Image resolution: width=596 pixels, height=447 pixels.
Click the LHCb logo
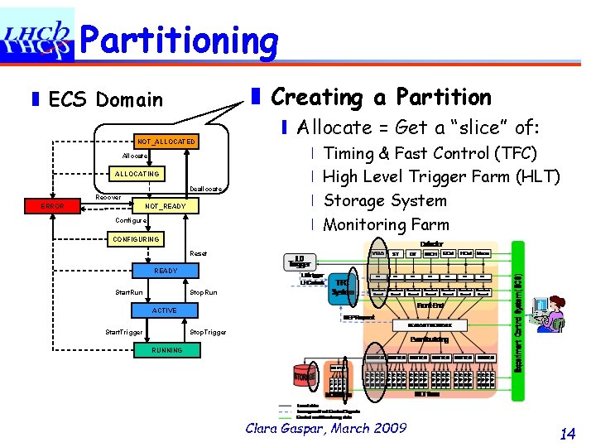pos(38,36)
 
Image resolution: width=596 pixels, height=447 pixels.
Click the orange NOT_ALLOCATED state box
pos(166,142)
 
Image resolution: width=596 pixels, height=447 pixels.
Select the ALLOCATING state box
pos(137,174)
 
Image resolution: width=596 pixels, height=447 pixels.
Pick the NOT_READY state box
pos(166,206)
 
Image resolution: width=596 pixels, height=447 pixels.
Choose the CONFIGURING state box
pos(137,239)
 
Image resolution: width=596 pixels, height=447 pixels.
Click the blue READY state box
pos(166,271)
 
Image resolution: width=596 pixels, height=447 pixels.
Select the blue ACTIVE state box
pos(164,310)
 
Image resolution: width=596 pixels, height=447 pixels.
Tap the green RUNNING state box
pos(166,350)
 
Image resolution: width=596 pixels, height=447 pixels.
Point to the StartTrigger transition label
pos(123,332)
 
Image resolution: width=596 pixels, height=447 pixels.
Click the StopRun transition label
pos(204,292)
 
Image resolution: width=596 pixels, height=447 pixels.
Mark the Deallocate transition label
pos(206,189)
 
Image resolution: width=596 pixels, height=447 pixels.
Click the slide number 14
pos(568,433)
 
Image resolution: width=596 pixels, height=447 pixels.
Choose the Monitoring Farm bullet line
pos(386,225)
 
